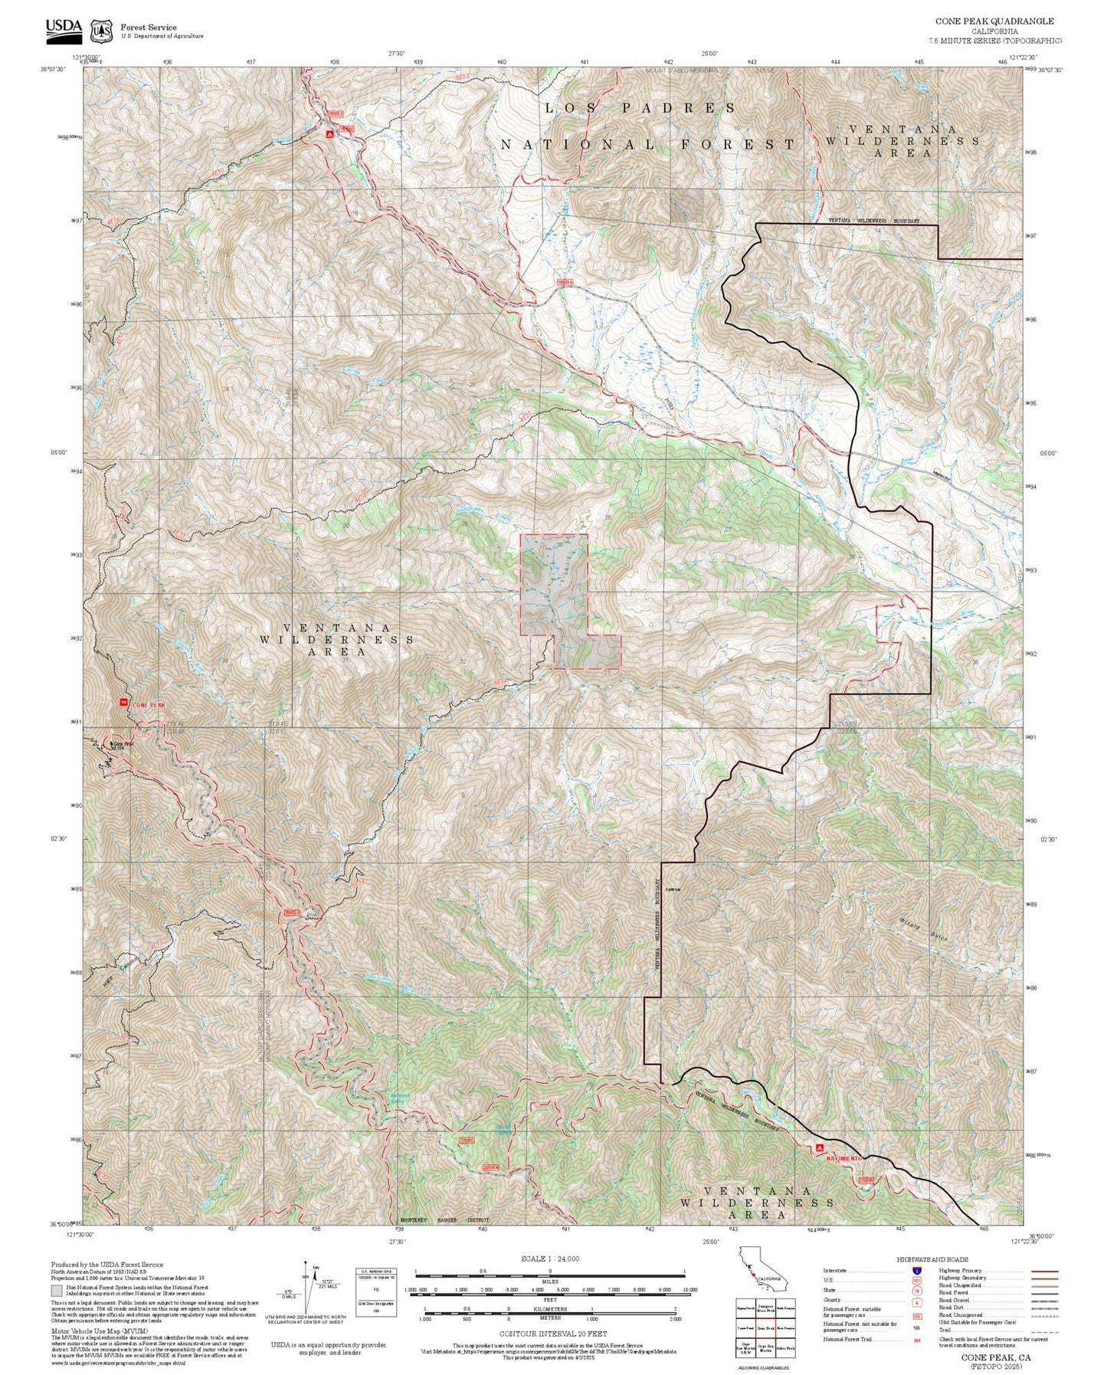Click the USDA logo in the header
tap(64, 29)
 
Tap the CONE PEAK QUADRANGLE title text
tap(994, 21)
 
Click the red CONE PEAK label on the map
tap(148, 704)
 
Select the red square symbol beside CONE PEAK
tap(123, 702)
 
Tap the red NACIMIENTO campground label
tap(843, 1157)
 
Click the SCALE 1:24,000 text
tap(550, 1259)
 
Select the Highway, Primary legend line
tap(1043, 1271)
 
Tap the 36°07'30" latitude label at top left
tap(53, 69)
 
